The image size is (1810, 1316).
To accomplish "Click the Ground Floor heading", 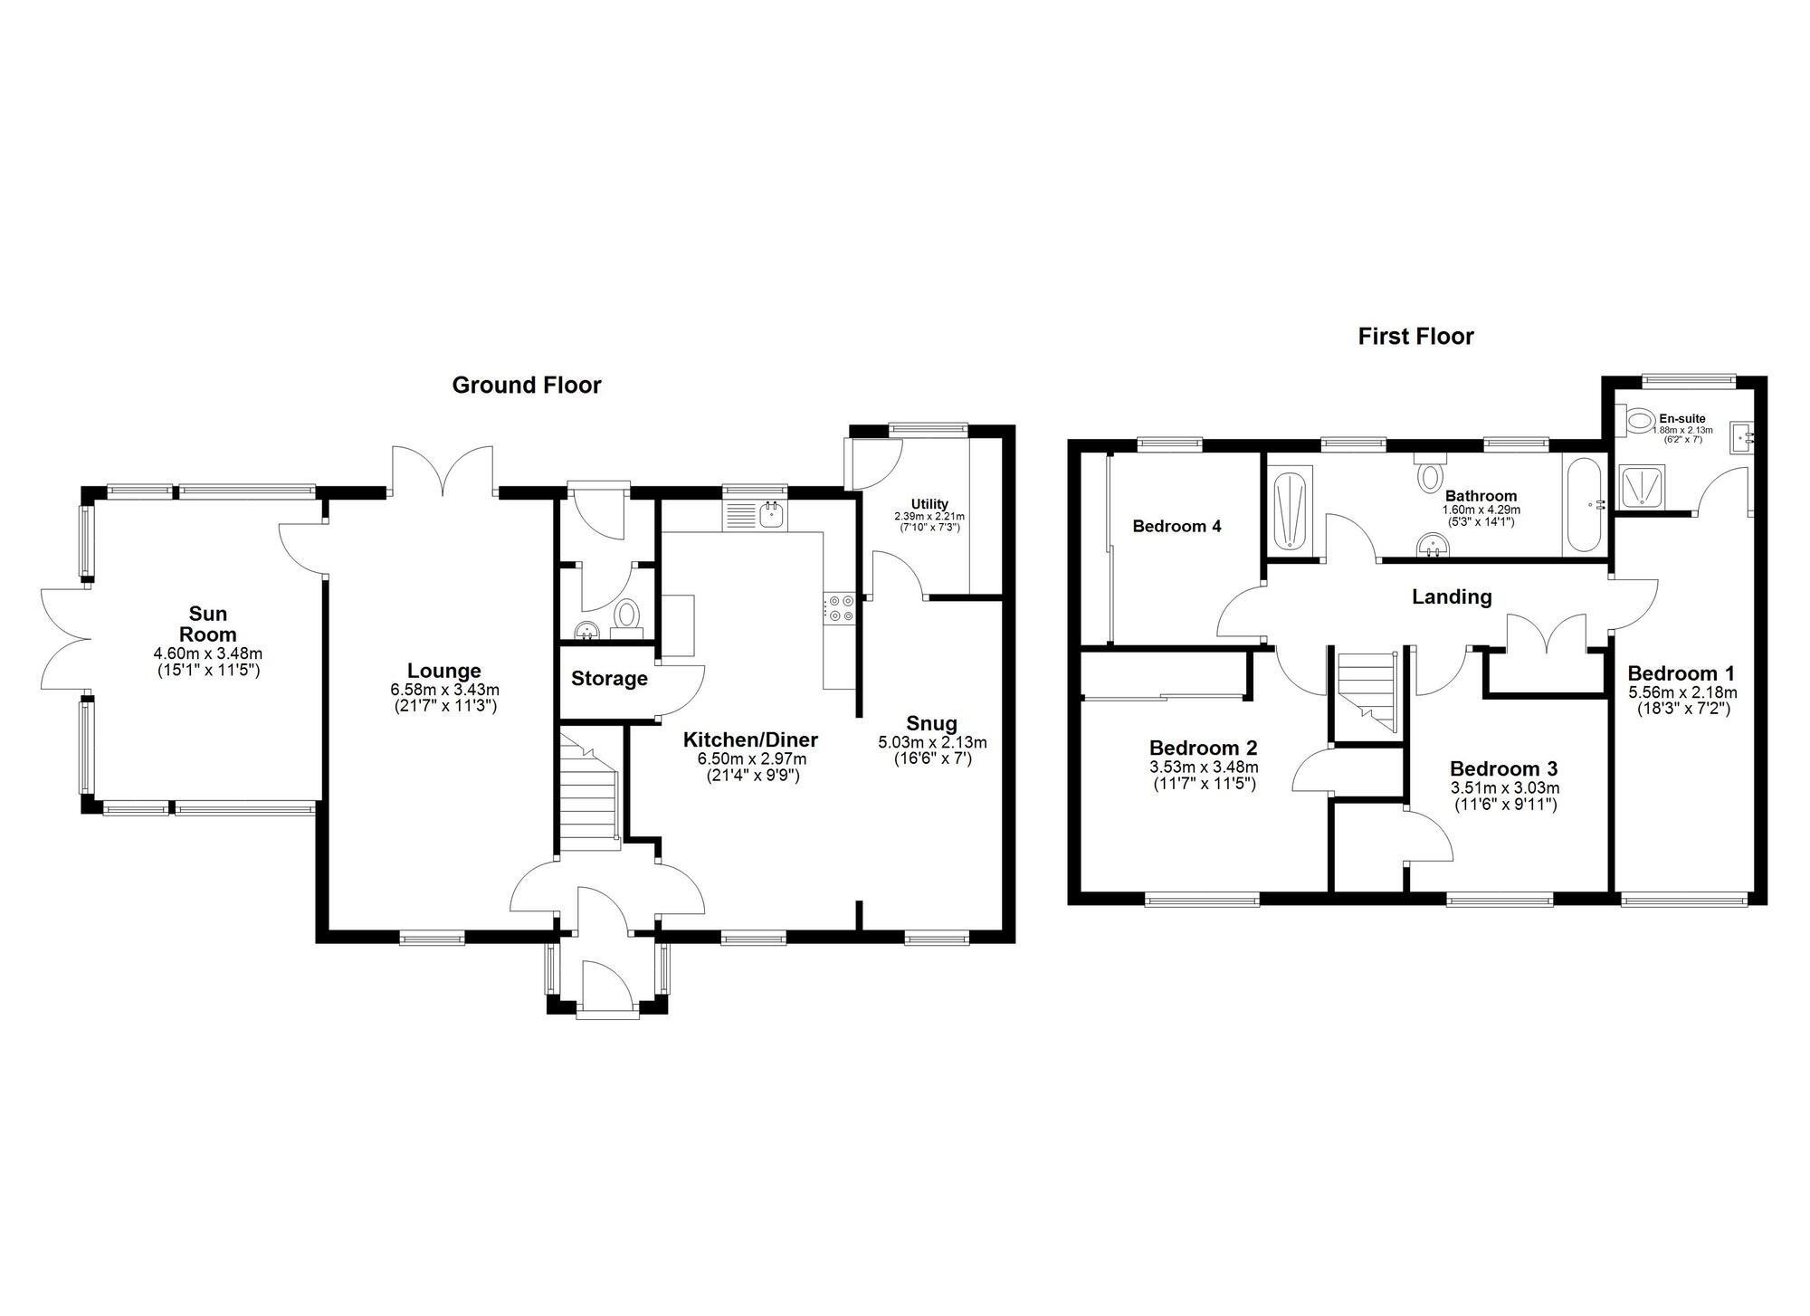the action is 526,386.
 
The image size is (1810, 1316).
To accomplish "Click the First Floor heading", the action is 1415,337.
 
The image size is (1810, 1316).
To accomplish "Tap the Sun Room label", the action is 207,624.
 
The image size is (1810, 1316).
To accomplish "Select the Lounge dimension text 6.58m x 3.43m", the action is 443,690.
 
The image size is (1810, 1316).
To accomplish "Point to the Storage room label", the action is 609,679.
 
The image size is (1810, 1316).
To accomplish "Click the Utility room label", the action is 929,504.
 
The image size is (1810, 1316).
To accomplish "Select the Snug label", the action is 932,723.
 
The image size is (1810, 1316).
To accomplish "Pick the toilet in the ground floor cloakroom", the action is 626,616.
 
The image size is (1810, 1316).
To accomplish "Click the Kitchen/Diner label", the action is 750,739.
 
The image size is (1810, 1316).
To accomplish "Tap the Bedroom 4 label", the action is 1176,526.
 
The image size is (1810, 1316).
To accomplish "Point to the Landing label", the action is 1452,597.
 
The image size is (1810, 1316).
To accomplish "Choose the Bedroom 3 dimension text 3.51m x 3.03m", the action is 1503,788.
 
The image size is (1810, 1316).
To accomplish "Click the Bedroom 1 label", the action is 1681,673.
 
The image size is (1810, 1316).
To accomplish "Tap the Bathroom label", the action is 1481,496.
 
